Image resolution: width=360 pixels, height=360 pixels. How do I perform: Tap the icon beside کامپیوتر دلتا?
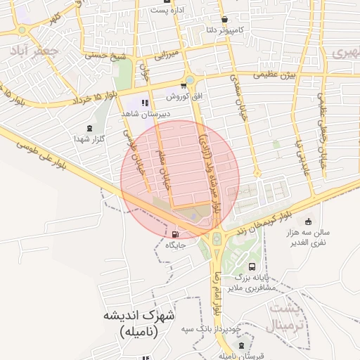point(224,20)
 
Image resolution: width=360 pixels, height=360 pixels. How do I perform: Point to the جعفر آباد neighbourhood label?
point(29,51)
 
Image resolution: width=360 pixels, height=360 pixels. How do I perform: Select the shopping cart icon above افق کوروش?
point(184,87)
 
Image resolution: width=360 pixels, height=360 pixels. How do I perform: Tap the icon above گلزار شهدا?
point(89,128)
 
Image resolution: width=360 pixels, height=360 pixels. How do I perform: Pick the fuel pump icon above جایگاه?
point(174,235)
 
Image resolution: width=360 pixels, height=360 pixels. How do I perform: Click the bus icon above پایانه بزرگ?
point(252,266)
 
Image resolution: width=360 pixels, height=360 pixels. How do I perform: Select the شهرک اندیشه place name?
point(139,315)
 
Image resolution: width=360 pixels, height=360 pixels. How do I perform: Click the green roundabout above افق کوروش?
point(190,79)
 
